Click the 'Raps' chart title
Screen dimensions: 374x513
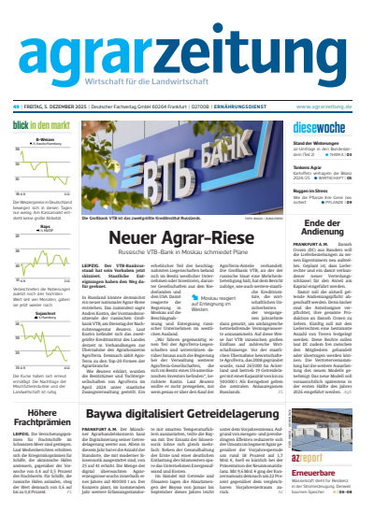coord(43,224)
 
